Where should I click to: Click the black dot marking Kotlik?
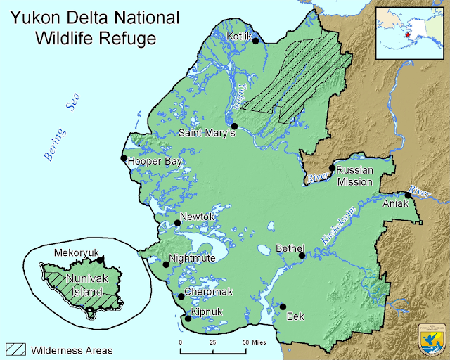click(x=256, y=41)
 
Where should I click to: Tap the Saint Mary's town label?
click(x=205, y=133)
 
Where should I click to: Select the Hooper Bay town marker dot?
click(x=124, y=158)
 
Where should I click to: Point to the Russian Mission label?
click(x=354, y=176)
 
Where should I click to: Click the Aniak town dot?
click(x=408, y=195)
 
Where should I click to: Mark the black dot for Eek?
click(x=283, y=307)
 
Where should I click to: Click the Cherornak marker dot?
click(x=181, y=297)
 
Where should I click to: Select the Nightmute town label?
click(x=191, y=258)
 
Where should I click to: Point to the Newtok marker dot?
click(x=177, y=223)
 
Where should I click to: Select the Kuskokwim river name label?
click(x=339, y=226)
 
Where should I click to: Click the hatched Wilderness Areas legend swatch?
click(x=16, y=349)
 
